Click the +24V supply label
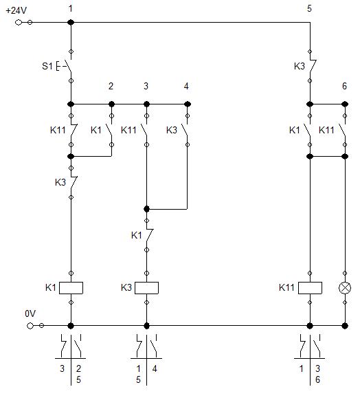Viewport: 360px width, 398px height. point(16,11)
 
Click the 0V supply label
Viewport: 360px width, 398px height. point(30,313)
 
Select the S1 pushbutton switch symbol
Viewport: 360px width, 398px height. point(65,66)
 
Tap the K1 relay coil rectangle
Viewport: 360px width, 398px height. point(71,288)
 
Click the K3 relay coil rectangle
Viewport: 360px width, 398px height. point(146,288)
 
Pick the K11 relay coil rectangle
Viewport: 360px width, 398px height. point(310,288)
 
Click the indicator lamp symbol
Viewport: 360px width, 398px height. point(345,288)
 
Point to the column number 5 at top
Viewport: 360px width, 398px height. point(309,9)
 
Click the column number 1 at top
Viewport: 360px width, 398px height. point(71,9)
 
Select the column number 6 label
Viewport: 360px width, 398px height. point(344,87)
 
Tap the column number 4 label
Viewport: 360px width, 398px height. point(186,87)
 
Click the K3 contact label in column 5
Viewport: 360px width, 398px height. point(300,66)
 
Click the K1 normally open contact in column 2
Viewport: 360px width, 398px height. point(110,130)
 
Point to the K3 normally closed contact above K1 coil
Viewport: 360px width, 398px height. point(73,182)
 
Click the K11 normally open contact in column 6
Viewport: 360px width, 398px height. point(344,130)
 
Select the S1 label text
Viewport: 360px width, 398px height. point(47,66)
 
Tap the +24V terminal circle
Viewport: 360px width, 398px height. point(19,22)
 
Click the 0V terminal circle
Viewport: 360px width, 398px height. point(30,326)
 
